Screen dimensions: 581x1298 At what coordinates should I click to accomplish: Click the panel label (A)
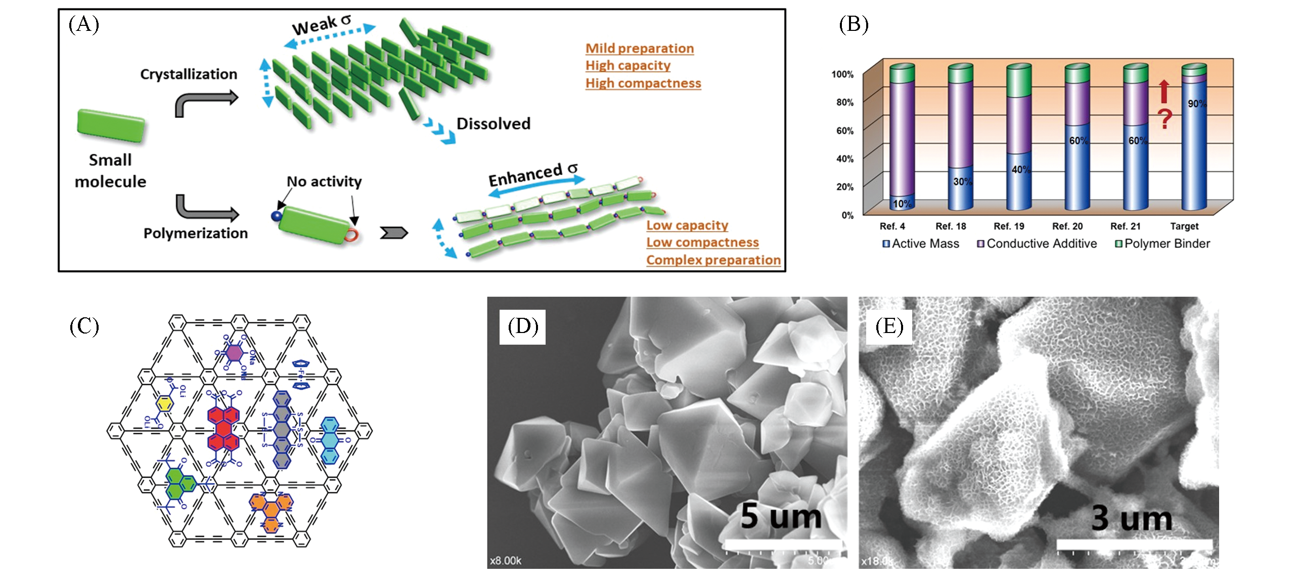[x=83, y=24]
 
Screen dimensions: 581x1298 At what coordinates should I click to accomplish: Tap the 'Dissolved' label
[x=493, y=124]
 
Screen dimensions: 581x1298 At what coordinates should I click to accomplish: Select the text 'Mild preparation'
[x=639, y=49]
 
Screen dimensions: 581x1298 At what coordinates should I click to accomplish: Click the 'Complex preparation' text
[x=713, y=260]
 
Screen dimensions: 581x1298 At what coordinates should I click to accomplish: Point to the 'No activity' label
[x=324, y=182]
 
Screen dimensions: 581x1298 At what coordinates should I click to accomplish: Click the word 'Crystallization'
[x=189, y=74]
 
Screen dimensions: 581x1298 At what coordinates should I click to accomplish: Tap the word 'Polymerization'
[x=196, y=233]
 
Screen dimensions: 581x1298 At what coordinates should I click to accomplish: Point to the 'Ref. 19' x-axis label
[x=1009, y=226]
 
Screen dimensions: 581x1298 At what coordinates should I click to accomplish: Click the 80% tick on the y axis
[x=844, y=102]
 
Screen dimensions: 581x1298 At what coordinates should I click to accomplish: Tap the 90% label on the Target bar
[x=1196, y=104]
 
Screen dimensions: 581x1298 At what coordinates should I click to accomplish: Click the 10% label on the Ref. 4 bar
[x=902, y=204]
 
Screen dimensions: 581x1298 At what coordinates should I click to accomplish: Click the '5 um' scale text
[x=781, y=516]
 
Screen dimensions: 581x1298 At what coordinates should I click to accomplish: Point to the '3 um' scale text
[x=1132, y=518]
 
